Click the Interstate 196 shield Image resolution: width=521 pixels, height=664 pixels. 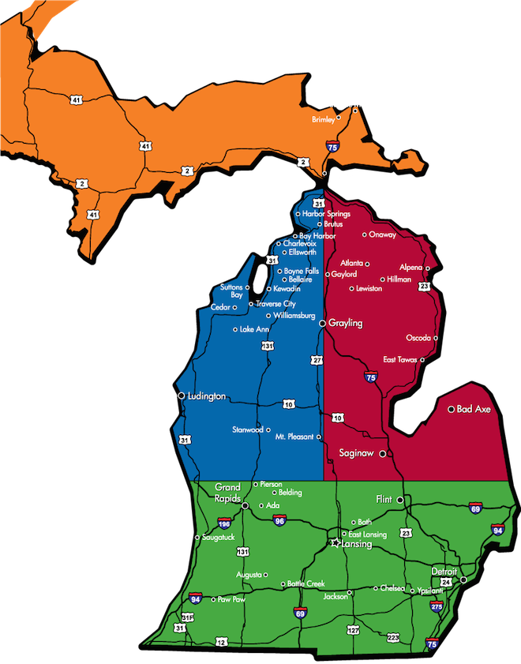tap(225, 522)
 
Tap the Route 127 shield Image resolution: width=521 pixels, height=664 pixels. tap(353, 630)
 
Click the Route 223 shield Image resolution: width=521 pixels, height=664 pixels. tap(393, 637)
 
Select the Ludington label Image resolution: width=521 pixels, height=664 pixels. tap(206, 396)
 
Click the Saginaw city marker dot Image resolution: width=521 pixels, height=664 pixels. tap(382, 454)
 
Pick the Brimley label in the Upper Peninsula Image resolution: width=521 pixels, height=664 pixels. tap(323, 119)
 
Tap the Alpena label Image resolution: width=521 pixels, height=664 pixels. tap(410, 268)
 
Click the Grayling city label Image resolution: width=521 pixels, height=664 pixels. tap(346, 324)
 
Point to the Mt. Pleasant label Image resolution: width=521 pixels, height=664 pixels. tap(295, 437)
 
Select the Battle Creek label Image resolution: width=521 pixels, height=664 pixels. tap(306, 583)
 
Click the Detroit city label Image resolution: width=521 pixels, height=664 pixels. tap(444, 571)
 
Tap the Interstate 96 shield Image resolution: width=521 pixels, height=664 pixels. tap(279, 521)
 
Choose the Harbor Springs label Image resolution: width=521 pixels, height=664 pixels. tap(327, 214)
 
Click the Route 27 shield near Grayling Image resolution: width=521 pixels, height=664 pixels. tap(317, 360)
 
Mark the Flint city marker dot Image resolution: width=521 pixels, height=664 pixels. tap(400, 500)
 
